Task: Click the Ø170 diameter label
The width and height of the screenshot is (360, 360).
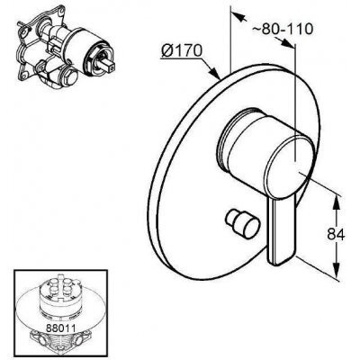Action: tap(181, 51)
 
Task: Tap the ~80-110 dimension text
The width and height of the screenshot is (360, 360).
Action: tap(283, 29)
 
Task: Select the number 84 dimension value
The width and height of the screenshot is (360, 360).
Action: tap(336, 234)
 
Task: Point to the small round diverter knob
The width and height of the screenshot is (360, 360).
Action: tap(243, 223)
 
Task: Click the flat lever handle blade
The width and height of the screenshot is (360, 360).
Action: tap(282, 231)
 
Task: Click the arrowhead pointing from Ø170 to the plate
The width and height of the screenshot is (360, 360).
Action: tap(214, 73)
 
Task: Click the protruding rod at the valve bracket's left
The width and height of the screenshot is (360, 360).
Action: tap(22, 25)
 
